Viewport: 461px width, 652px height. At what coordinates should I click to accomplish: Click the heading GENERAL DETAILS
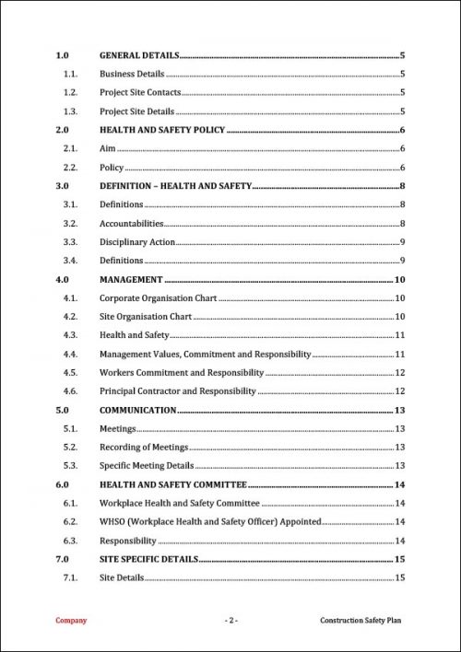pyautogui.click(x=139, y=55)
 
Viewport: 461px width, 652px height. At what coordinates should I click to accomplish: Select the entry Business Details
pyautogui.click(x=132, y=74)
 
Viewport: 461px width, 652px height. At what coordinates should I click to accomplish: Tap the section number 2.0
pyautogui.click(x=63, y=130)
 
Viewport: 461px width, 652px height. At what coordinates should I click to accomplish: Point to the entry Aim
pyautogui.click(x=108, y=148)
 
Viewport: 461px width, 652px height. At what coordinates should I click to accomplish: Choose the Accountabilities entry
pyautogui.click(x=132, y=223)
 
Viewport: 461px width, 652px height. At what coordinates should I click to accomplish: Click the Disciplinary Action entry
pyautogui.click(x=137, y=242)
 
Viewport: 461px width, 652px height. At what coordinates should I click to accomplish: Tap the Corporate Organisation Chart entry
pyautogui.click(x=158, y=297)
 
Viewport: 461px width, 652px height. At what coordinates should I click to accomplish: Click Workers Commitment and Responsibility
pyautogui.click(x=182, y=373)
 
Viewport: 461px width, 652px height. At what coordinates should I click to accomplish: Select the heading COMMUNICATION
pyautogui.click(x=137, y=410)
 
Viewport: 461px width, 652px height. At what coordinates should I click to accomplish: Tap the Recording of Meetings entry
pyautogui.click(x=144, y=447)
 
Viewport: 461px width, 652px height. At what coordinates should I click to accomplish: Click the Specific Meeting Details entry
pyautogui.click(x=147, y=466)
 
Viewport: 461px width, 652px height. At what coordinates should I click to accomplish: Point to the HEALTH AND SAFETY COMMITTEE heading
pyautogui.click(x=172, y=484)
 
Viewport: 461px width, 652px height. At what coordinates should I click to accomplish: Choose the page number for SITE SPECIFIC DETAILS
pyautogui.click(x=400, y=559)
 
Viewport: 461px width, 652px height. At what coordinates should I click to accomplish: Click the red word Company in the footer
pyautogui.click(x=71, y=621)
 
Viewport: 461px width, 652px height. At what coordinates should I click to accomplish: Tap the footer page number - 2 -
pyautogui.click(x=231, y=621)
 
